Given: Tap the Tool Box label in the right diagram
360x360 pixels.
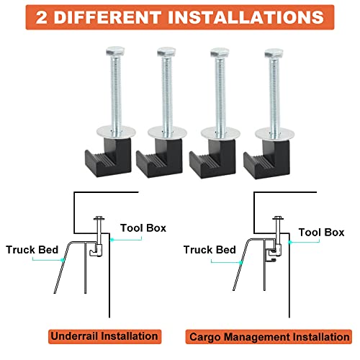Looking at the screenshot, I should coord(321,233).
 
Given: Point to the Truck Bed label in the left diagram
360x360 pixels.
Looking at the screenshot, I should coord(30,251).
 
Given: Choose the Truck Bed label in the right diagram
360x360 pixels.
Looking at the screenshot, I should coord(210,250).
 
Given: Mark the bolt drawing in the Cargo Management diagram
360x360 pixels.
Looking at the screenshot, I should coord(275,238).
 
